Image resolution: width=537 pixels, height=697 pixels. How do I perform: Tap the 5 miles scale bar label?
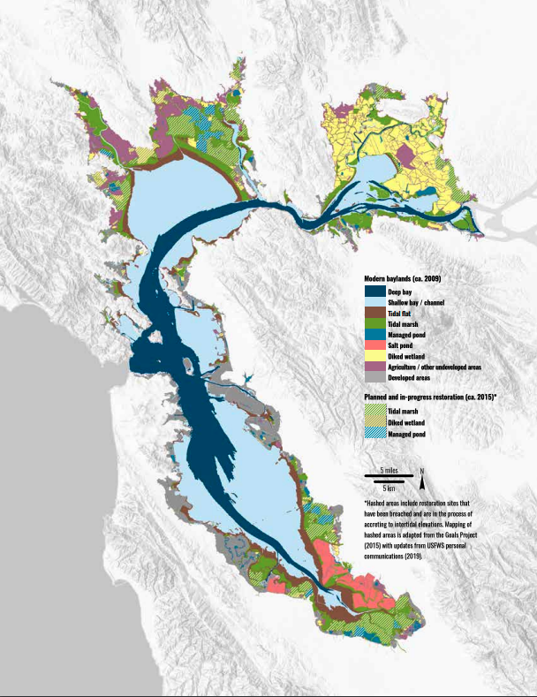pos(389,469)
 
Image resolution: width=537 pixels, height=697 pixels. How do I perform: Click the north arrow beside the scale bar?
pos(423,479)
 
